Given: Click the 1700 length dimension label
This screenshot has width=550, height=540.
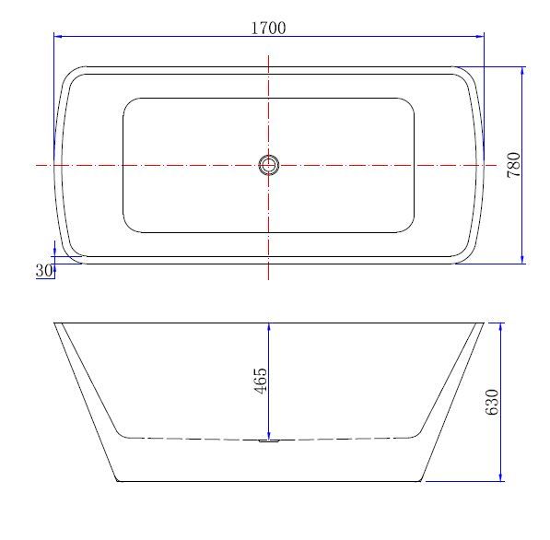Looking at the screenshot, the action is coord(268,28).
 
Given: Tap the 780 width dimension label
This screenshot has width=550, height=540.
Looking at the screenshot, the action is coord(514,165).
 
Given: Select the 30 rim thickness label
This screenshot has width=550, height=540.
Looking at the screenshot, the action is coord(44,271).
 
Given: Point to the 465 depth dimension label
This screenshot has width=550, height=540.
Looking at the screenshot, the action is coord(261,381).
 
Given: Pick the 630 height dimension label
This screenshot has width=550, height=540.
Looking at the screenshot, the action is coord(492,402).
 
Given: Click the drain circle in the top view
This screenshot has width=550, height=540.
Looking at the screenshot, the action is coord(269,165).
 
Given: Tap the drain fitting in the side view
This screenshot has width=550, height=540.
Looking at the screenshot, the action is coord(269,440).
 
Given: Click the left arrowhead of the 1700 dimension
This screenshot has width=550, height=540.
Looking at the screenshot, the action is coord(59,36).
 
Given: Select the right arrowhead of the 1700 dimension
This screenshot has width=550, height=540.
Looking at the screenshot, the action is coord(479,36).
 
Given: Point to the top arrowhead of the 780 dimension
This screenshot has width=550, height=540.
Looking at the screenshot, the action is coord(522,71).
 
